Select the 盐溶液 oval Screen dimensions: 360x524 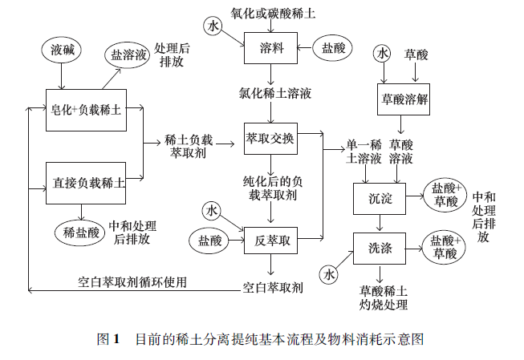pyautogui.click(x=129, y=55)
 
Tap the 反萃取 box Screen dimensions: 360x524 pyautogui.click(x=270, y=240)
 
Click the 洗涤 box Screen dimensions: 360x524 pyautogui.click(x=380, y=248)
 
